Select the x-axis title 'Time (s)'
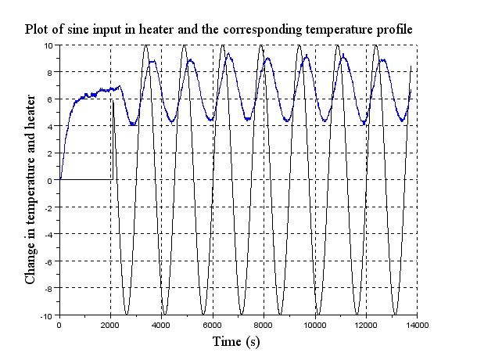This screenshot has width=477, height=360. pos(238,342)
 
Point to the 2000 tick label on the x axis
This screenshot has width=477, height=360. pos(110,325)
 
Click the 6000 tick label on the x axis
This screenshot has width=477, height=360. pos(213,325)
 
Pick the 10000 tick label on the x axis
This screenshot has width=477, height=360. pos(314,325)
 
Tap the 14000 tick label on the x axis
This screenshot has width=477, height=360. pos(417,325)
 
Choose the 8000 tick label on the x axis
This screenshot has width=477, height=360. pos(264,325)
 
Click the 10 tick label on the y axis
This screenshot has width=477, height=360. pos(48,45)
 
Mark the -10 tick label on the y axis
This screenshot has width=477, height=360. pos(46,315)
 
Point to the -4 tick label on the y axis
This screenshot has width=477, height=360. pos(48,235)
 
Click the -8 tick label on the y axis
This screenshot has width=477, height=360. pos(48,289)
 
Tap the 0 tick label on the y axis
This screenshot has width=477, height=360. pos(51,181)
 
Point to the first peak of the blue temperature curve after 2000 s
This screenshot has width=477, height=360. pos(152,60)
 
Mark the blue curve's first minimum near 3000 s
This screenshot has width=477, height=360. pos(134,124)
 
